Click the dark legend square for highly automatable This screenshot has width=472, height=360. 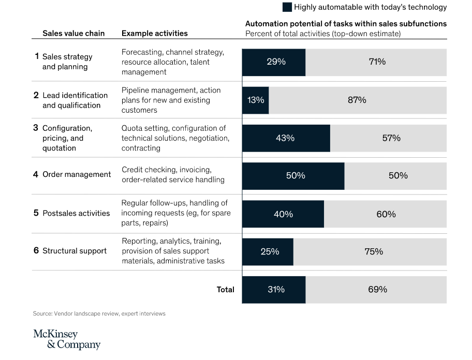[x=287, y=7]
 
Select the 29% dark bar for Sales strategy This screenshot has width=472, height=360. [x=274, y=62]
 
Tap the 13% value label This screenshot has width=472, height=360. [x=256, y=100]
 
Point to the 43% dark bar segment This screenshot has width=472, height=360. [x=286, y=138]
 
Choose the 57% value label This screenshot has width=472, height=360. [x=391, y=138]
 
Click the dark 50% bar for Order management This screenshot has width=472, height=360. [x=293, y=176]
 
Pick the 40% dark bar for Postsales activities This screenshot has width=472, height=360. [x=283, y=214]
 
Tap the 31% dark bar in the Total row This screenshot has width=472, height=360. [x=274, y=290]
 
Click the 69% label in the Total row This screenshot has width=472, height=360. [x=377, y=290]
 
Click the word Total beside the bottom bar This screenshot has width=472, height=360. [x=225, y=290]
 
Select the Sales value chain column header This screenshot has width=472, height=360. [x=73, y=34]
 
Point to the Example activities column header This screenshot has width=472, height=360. [x=154, y=34]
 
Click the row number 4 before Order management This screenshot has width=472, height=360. [x=36, y=174]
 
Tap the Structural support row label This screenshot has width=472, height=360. [x=75, y=251]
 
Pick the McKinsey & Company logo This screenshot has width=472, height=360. [x=67, y=339]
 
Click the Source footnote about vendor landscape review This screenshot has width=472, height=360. [x=99, y=313]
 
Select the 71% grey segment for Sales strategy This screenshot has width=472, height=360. [x=376, y=62]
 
